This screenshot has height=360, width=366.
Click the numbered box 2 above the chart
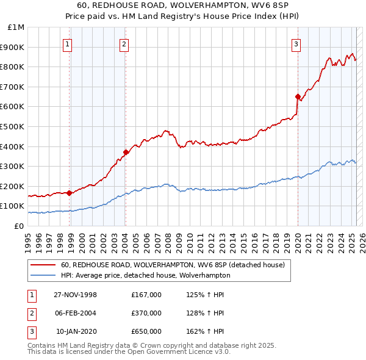pos(124,44)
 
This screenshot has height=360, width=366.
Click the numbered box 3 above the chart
pos(296,44)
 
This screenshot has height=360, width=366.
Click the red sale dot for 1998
pos(70,193)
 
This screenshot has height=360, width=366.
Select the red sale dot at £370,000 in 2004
pos(126,153)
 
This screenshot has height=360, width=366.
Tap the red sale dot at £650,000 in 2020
pos(298,96)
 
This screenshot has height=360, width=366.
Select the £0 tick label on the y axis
pos(18,226)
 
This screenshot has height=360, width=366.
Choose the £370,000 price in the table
pos(146,313)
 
